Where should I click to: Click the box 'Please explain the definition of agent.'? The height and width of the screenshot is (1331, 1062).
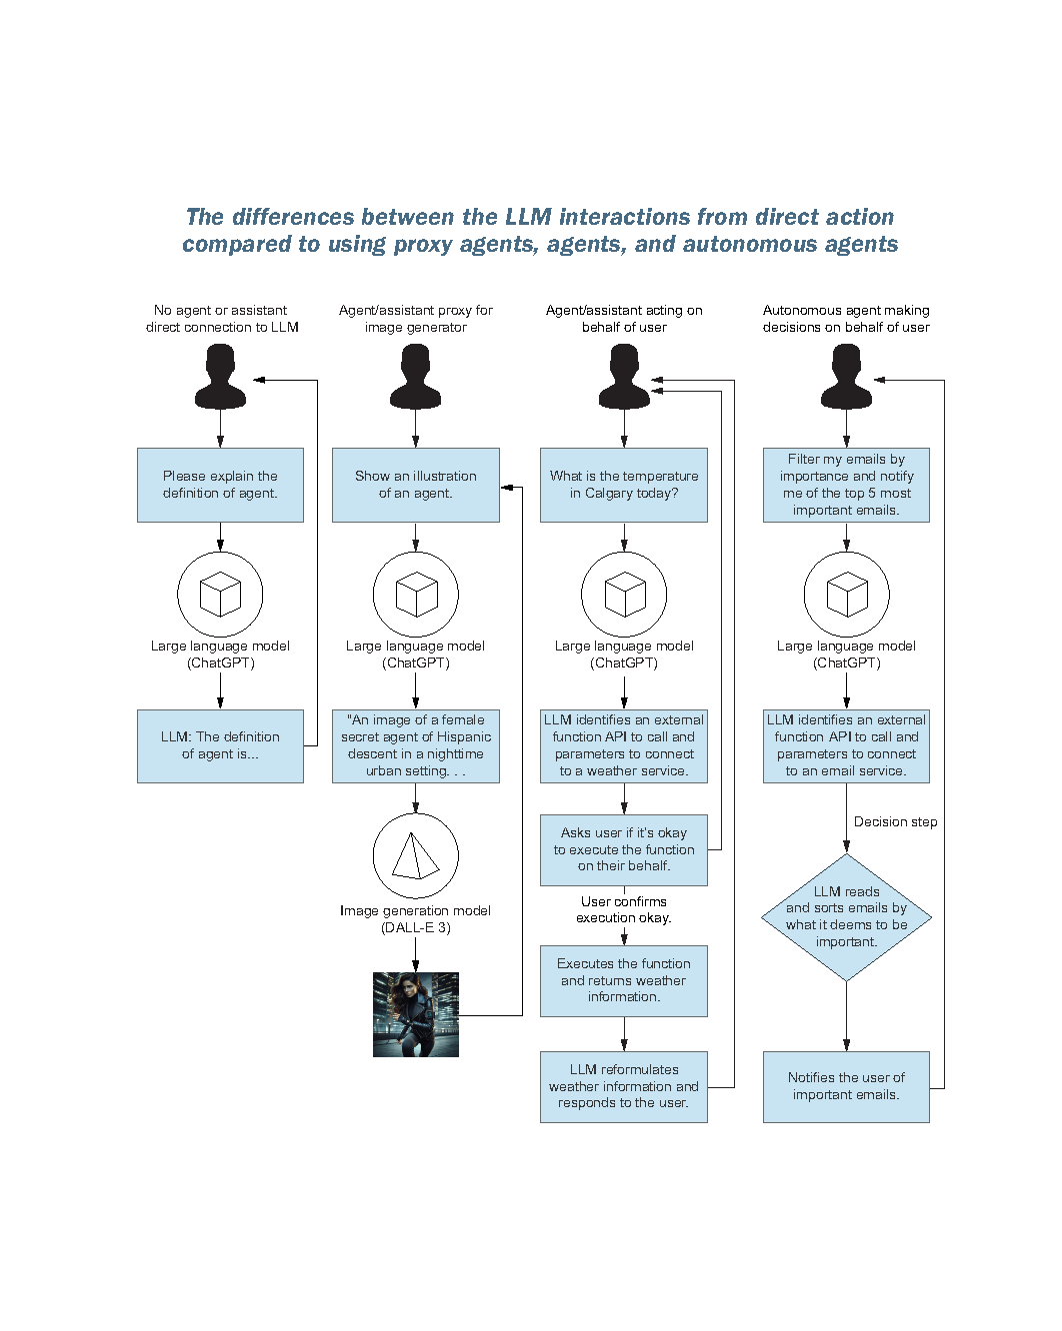[x=220, y=485]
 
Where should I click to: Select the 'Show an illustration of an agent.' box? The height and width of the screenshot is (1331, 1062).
[x=415, y=485]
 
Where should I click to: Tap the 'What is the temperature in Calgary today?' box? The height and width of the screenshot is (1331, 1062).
[x=624, y=485]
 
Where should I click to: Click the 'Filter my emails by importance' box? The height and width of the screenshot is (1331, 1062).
[x=846, y=485]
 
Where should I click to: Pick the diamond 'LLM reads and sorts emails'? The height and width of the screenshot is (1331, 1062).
[x=846, y=917]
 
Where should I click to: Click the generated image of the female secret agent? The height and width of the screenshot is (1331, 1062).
[x=416, y=1014]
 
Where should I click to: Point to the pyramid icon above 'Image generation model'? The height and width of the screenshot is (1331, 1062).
[x=415, y=856]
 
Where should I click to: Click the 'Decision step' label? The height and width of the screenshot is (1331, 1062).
[x=895, y=822]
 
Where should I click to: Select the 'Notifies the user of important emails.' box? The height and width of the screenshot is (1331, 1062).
[x=846, y=1086]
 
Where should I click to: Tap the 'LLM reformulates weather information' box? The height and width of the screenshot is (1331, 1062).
[x=624, y=1086]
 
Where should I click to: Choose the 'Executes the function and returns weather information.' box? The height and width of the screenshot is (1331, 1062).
[x=624, y=980]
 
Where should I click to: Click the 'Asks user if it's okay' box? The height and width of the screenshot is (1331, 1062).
[x=624, y=849]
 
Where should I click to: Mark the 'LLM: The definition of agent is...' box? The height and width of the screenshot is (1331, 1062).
[x=220, y=745]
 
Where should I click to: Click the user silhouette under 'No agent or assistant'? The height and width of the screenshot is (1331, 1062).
[x=220, y=378]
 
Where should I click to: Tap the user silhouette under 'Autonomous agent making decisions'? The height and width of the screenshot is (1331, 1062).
[x=846, y=378]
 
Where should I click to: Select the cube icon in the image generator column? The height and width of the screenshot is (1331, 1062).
[x=416, y=595]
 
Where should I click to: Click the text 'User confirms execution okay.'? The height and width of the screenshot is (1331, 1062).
[x=624, y=909]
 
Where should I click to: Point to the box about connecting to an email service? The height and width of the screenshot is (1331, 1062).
[x=846, y=745]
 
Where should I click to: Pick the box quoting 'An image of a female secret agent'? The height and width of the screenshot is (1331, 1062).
[x=415, y=745]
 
